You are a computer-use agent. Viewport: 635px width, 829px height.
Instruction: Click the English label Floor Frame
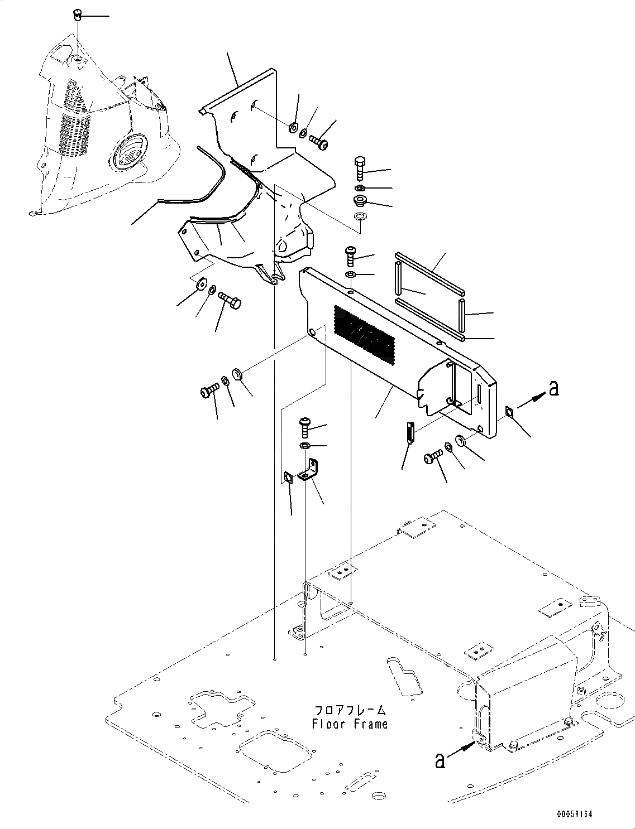pos(350,724)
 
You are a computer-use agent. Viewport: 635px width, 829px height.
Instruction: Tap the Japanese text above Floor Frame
pos(350,711)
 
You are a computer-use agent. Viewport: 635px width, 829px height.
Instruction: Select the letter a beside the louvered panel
pos(553,388)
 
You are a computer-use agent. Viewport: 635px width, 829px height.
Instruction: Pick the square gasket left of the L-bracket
pos(288,478)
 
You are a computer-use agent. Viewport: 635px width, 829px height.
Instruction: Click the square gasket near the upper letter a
pos(509,412)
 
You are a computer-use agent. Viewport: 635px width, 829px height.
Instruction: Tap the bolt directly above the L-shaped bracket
pos(305,428)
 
